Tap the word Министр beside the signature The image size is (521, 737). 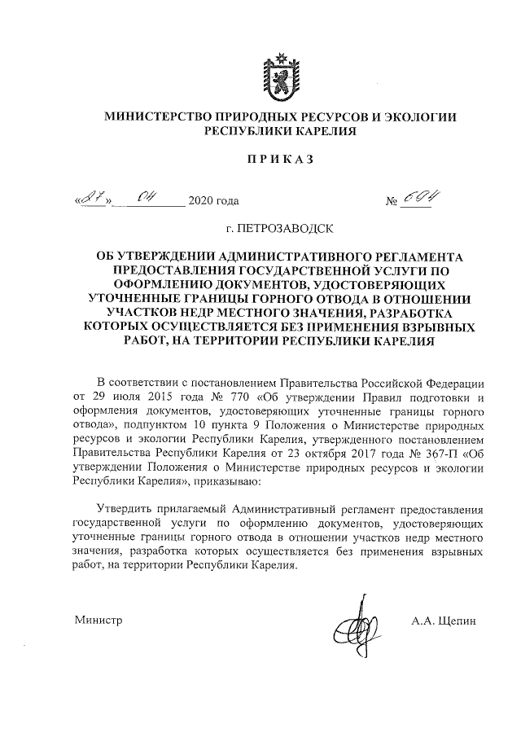coord(97,621)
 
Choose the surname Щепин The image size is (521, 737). coord(457,621)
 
